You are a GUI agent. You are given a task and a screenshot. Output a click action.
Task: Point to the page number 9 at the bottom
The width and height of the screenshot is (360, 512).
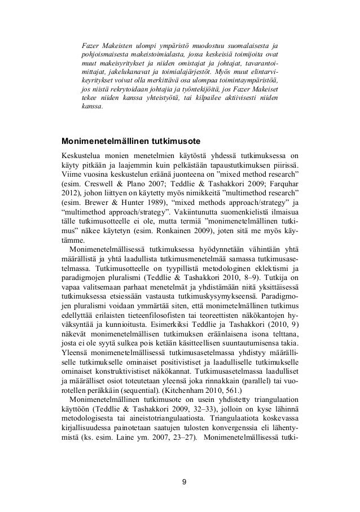pos(180,482)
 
